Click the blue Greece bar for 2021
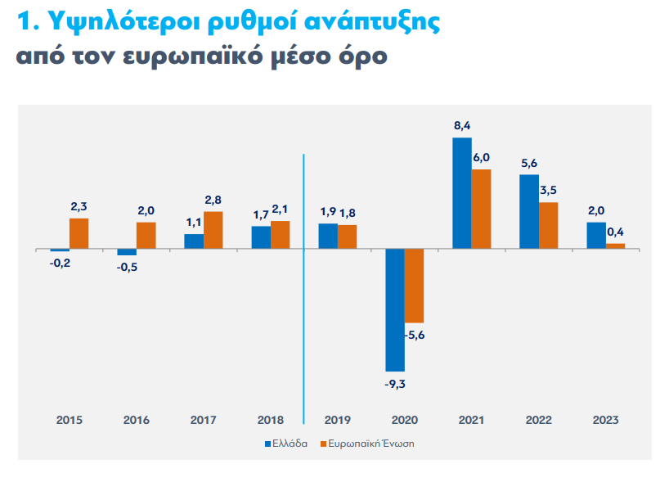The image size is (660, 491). pyautogui.click(x=462, y=193)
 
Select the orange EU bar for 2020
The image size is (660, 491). pyautogui.click(x=415, y=286)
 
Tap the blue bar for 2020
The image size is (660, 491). pyautogui.click(x=395, y=309)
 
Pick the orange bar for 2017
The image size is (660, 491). pyautogui.click(x=213, y=230)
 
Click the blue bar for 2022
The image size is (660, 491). pyautogui.click(x=529, y=211)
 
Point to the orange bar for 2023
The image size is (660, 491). pyautogui.click(x=616, y=245)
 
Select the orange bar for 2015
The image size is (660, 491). pyautogui.click(x=79, y=233)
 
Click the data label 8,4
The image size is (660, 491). pyautogui.click(x=462, y=126)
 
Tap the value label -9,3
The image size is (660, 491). pyautogui.click(x=395, y=383)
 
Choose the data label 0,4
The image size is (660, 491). pyautogui.click(x=616, y=232)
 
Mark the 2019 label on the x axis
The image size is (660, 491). pyautogui.click(x=337, y=420)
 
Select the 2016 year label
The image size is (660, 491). pyautogui.click(x=136, y=420)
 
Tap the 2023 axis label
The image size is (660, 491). pyautogui.click(x=605, y=420)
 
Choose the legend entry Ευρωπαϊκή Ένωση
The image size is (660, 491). pyautogui.click(x=374, y=444)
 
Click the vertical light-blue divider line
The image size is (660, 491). pyautogui.click(x=303, y=286)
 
